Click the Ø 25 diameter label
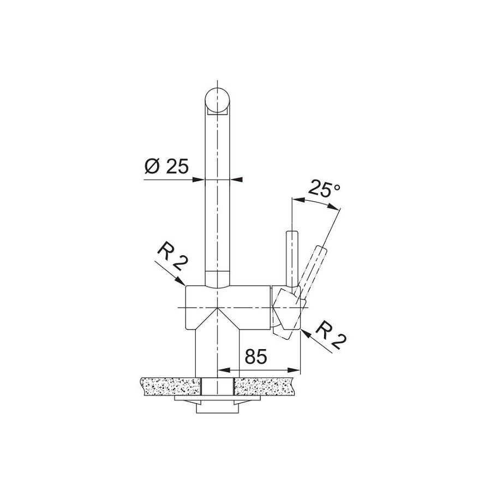[x=166, y=166]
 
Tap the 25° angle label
[x=324, y=189]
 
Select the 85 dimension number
[x=256, y=356]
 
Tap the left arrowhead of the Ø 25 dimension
[x=198, y=179]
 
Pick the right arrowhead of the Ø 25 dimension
[x=236, y=179]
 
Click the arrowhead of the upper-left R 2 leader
[x=181, y=281]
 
